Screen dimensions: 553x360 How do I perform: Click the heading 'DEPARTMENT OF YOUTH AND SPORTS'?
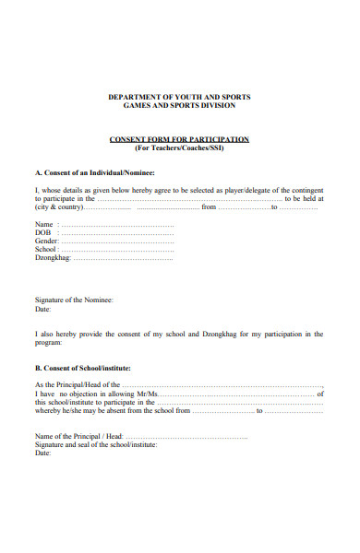(179, 97)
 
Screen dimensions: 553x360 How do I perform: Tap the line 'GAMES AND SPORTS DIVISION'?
(179, 106)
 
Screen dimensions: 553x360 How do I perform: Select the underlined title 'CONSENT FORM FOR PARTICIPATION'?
(179, 139)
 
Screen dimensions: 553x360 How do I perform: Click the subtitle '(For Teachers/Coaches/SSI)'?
(179, 147)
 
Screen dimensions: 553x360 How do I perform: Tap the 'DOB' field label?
(42, 233)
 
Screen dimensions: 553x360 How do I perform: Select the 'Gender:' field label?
(47, 241)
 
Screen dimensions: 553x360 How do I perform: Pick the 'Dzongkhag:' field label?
(53, 258)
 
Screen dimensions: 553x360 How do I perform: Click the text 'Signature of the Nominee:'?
(74, 300)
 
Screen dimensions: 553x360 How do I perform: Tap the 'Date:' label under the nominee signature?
(43, 310)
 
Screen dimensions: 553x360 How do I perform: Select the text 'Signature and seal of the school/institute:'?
(96, 444)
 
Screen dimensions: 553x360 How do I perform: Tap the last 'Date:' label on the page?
(43, 453)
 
